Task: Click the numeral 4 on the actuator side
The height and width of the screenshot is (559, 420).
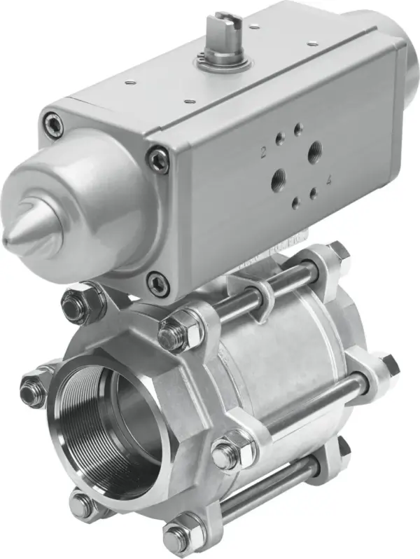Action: (x=329, y=181)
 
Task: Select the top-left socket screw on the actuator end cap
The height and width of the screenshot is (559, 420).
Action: (x=51, y=126)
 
